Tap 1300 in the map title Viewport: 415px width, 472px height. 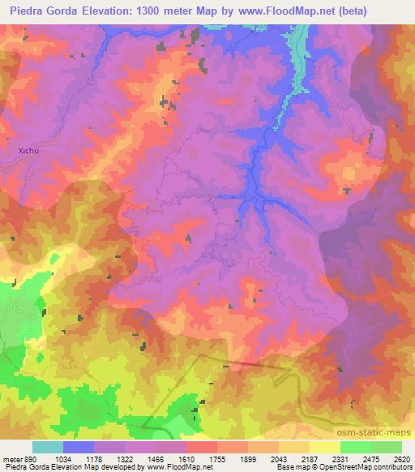coord(152,11)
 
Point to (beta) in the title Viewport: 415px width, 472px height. coord(327,11)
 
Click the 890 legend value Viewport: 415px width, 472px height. coord(28,459)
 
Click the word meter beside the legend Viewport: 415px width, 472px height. coord(11,459)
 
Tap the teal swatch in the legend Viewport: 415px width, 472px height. coord(48,447)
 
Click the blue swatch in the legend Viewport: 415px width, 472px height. coord(79,447)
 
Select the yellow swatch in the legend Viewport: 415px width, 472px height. coord(325,447)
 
